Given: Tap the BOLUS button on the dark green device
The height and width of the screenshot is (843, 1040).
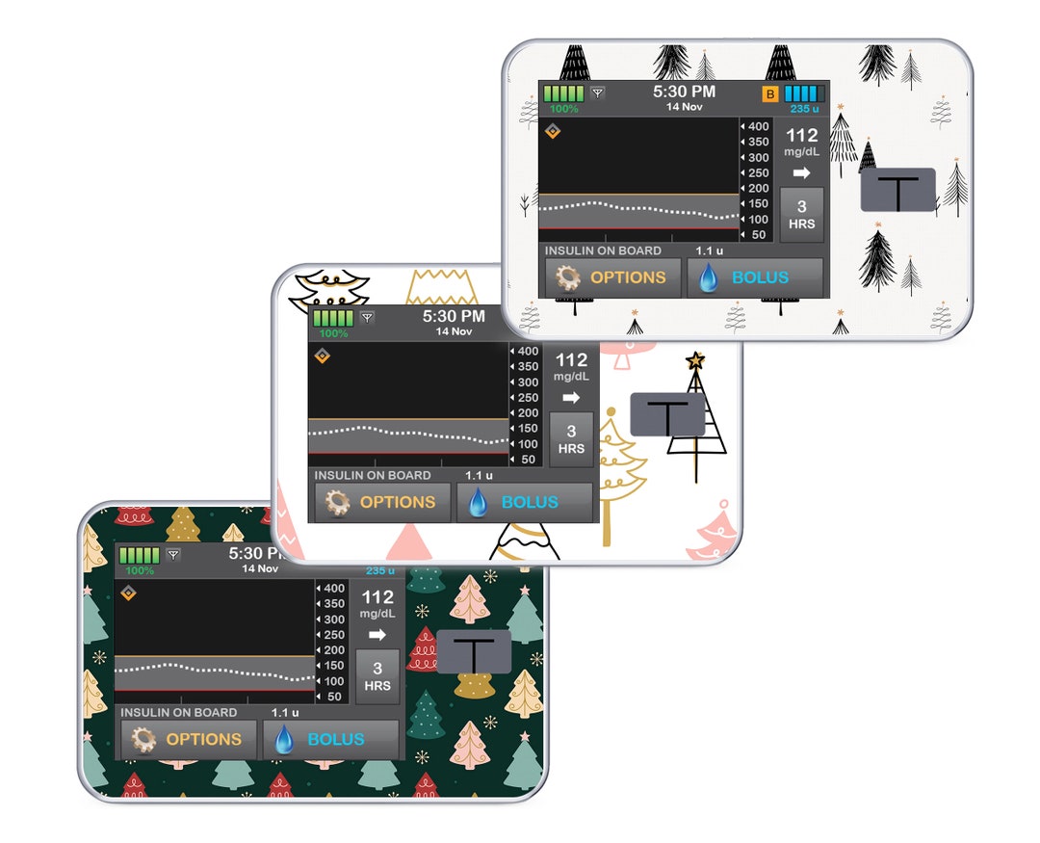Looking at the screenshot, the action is (331, 740).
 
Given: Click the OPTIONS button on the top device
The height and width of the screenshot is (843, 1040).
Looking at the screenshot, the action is (613, 277).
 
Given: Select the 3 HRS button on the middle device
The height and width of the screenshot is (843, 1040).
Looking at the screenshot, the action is (571, 439).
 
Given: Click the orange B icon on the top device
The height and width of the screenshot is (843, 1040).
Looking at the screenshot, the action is (770, 93).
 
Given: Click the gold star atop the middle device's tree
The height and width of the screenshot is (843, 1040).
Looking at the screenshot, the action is (695, 361).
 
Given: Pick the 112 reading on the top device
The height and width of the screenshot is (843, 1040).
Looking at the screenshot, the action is (802, 136).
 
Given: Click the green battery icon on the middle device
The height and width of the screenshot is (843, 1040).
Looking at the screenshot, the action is (333, 318).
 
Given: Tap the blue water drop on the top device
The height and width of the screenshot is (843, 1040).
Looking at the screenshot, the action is (709, 277).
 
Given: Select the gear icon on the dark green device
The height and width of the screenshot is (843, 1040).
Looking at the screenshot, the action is (143, 740).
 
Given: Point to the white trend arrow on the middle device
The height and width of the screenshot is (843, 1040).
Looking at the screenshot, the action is (571, 398).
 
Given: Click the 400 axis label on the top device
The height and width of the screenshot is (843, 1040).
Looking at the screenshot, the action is (758, 126).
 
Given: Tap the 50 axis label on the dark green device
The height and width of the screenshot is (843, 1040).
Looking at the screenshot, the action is (334, 697).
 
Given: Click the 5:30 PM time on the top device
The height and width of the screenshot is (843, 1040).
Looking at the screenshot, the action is (684, 92).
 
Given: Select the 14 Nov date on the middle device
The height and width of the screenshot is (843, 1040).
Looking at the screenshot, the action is (454, 331).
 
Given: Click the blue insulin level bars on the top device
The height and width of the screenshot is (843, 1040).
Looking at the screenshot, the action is (804, 92).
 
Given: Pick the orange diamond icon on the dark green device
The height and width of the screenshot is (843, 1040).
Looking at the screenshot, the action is (129, 593).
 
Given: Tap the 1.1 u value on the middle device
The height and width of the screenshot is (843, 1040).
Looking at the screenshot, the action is (479, 475).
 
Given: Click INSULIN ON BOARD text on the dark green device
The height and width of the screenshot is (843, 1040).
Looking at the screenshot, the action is (178, 712).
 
